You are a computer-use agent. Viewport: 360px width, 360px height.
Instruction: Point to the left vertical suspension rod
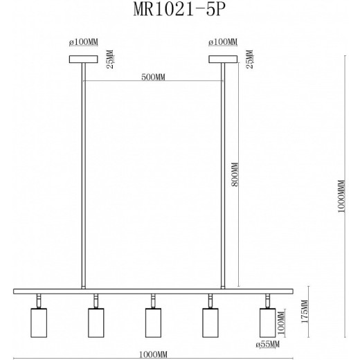coord(84,173)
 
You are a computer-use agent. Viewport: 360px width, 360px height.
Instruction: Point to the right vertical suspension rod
coord(222,173)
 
